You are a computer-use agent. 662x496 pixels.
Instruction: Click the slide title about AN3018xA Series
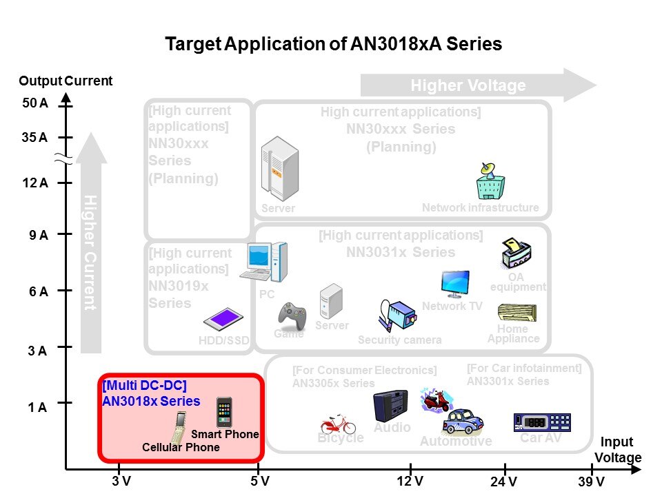pyautogui.click(x=333, y=45)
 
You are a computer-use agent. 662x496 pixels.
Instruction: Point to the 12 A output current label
pyautogui.click(x=34, y=183)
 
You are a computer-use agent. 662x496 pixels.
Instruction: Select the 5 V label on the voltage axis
pyautogui.click(x=260, y=482)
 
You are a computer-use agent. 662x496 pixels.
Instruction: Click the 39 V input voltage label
pyautogui.click(x=591, y=482)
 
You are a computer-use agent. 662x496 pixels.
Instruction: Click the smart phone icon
pyautogui.click(x=224, y=412)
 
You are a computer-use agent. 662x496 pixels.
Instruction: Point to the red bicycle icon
pyautogui.click(x=338, y=423)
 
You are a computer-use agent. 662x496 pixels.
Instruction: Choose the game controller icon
pyautogui.click(x=292, y=315)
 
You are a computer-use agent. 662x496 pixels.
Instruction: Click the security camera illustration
pyautogui.click(x=397, y=316)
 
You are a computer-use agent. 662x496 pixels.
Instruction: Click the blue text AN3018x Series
pyautogui.click(x=151, y=401)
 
